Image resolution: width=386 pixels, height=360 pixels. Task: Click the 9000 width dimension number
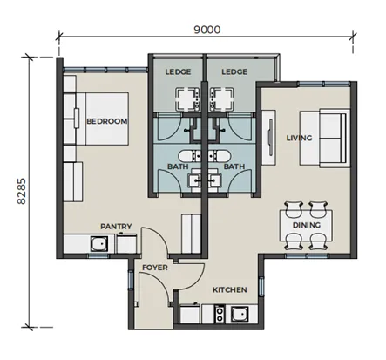pyautogui.click(x=207, y=30)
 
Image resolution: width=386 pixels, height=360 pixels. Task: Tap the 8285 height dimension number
pyautogui.click(x=22, y=191)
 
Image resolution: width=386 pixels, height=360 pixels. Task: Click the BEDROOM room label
pyautogui.click(x=107, y=121)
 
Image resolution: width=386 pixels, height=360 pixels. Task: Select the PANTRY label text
pyautogui.click(x=116, y=227)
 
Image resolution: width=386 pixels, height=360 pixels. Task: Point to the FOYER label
pyautogui.click(x=155, y=268)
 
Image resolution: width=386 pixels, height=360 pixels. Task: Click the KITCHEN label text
pyautogui.click(x=230, y=289)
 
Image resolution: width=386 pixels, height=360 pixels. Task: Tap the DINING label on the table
pyautogui.click(x=307, y=225)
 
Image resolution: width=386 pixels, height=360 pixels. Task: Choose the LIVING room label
pyautogui.click(x=299, y=138)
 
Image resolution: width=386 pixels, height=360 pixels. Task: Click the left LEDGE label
pyautogui.click(x=178, y=71)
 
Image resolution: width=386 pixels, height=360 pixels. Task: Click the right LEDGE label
pyautogui.click(x=234, y=71)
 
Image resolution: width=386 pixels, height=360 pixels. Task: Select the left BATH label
pyautogui.click(x=178, y=166)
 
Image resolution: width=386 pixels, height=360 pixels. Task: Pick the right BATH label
pyautogui.click(x=234, y=166)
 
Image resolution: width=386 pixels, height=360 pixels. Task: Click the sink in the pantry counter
pyautogui.click(x=99, y=243)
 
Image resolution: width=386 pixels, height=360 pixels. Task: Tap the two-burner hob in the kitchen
pyautogui.click(x=220, y=314)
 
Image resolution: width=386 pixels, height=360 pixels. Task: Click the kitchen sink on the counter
pyautogui.click(x=240, y=314)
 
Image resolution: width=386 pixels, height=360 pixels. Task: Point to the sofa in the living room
pyautogui.click(x=325, y=139)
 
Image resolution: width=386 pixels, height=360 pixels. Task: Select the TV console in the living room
pyautogui.click(x=268, y=138)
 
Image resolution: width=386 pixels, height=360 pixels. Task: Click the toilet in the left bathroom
pyautogui.click(x=189, y=156)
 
